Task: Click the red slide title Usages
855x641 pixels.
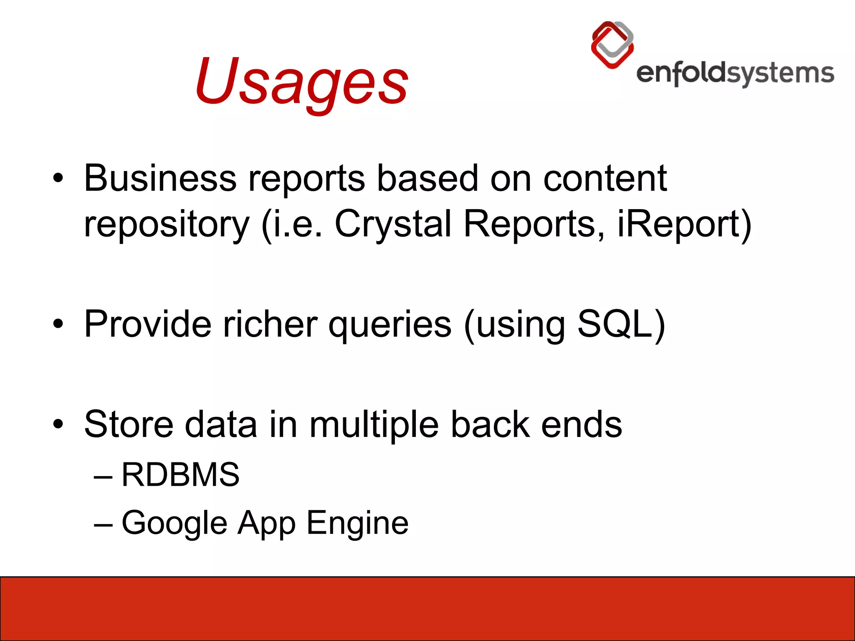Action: (301, 81)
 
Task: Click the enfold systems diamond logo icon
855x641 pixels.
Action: (612, 45)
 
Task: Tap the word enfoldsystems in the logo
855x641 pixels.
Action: (735, 74)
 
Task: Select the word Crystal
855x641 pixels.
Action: (393, 224)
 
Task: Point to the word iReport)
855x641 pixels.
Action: (684, 224)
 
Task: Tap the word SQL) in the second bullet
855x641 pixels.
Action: (621, 324)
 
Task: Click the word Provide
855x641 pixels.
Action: (148, 324)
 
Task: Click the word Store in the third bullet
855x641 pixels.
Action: (129, 424)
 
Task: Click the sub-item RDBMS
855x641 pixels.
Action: (180, 475)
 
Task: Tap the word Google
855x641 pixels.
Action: (175, 523)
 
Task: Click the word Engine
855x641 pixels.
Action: (357, 523)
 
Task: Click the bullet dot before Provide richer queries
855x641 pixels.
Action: (58, 325)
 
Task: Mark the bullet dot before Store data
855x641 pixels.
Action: (58, 425)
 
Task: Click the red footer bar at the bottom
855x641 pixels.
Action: (427, 608)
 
